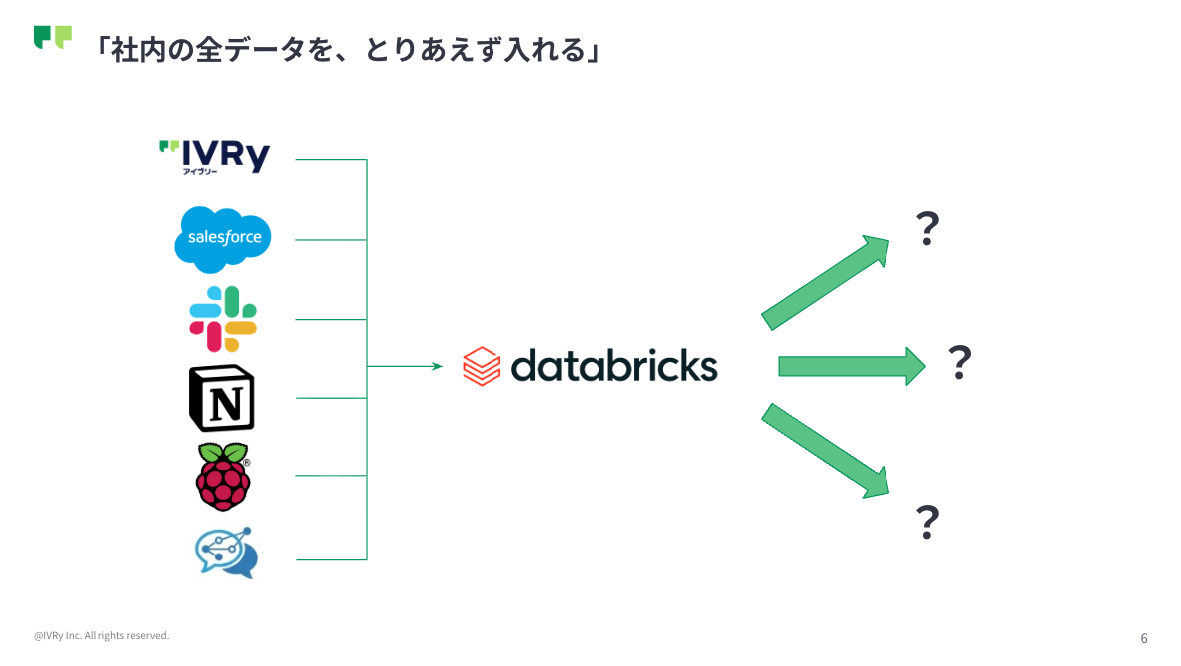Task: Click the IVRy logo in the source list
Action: click(x=215, y=156)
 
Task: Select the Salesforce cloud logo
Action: click(x=222, y=239)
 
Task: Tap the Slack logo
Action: click(x=223, y=319)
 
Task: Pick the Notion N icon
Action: click(x=222, y=398)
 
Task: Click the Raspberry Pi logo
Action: click(x=223, y=477)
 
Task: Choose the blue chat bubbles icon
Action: click(x=226, y=553)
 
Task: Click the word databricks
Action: click(x=615, y=366)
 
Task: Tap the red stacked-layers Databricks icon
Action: click(x=482, y=367)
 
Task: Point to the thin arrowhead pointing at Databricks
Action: click(x=437, y=367)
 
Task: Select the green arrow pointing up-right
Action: click(x=826, y=283)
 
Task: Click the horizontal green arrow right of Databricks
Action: click(x=852, y=367)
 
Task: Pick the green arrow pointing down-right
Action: click(x=826, y=451)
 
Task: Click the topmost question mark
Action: click(x=928, y=228)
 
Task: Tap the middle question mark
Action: click(x=959, y=362)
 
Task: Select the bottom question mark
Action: click(x=928, y=522)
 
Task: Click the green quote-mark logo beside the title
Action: click(x=53, y=37)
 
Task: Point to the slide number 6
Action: click(x=1144, y=638)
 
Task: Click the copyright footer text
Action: click(x=101, y=636)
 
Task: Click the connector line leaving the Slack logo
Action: click(x=331, y=320)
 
